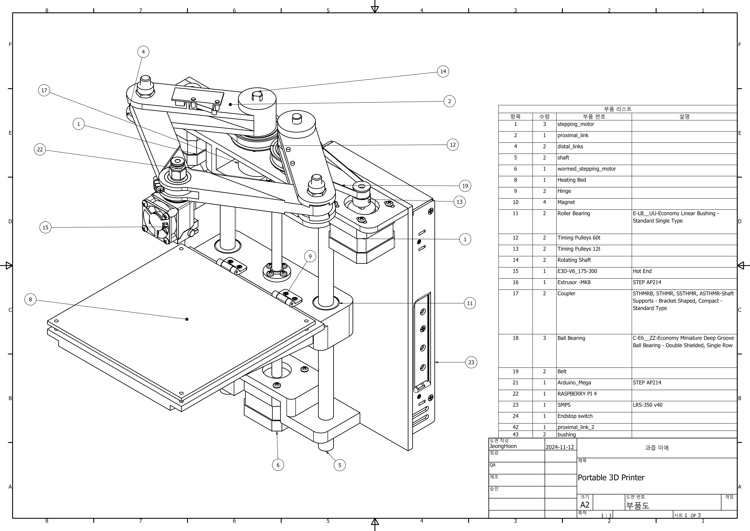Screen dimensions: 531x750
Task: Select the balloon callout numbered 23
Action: point(471,362)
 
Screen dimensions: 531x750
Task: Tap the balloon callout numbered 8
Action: point(30,299)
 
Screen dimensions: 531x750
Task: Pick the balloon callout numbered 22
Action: point(40,149)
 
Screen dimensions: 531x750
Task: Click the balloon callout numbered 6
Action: point(278,465)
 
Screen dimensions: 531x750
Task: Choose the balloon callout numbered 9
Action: point(310,256)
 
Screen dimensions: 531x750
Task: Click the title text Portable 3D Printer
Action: point(611,478)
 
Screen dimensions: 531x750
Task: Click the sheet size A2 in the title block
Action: point(585,505)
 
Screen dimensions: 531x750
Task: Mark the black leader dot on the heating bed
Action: point(187,319)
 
